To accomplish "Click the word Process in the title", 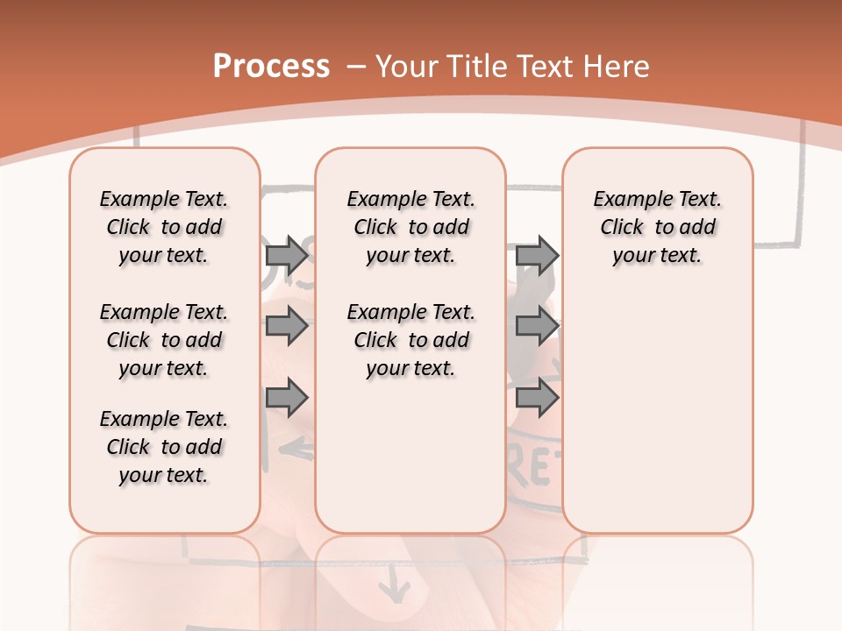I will click(271, 66).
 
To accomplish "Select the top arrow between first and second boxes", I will click(287, 255).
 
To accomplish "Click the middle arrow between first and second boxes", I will click(287, 327).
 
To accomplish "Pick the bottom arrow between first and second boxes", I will click(287, 397).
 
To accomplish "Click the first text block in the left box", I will click(164, 227).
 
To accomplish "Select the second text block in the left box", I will click(164, 340).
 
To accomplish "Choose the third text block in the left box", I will click(164, 447).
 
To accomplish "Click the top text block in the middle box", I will click(410, 227).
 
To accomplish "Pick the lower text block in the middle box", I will click(410, 340).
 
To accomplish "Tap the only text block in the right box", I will click(657, 227).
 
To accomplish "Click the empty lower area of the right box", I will click(657, 412).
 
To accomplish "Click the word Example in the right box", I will click(625, 199).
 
